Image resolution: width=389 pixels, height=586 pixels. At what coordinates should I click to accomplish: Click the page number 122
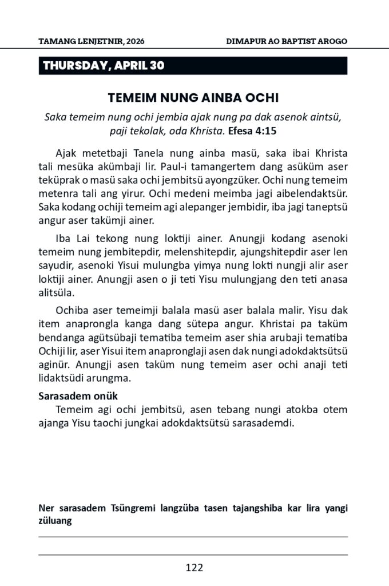(194, 568)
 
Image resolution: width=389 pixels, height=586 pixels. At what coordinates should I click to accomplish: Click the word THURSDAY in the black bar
(74, 66)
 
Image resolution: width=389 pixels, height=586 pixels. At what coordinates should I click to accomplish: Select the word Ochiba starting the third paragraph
(72, 311)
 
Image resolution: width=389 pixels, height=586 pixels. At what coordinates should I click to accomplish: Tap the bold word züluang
(55, 521)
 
